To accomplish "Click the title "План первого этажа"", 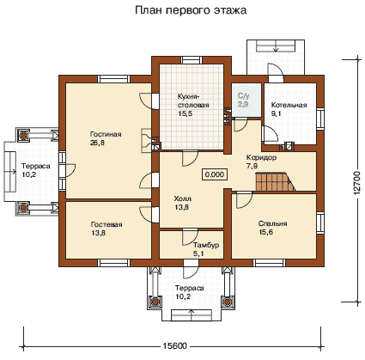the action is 191,10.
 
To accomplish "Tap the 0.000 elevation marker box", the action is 215,174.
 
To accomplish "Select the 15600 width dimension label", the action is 175,345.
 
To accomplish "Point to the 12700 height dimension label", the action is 357,183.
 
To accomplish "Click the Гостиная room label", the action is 106,134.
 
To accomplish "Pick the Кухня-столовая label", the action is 193,101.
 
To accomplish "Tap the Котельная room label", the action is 289,105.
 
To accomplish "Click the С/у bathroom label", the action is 243,95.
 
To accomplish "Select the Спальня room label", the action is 272,223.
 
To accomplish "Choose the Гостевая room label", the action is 106,224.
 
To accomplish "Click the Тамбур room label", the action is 206,245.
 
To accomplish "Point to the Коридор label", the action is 261,157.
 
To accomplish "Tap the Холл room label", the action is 183,198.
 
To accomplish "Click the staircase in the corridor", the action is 275,181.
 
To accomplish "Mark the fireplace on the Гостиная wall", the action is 146,140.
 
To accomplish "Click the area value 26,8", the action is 97,143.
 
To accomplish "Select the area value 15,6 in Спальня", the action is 266,232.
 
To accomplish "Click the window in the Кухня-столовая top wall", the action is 191,60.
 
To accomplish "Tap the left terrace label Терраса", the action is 36,166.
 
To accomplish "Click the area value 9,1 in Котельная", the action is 276,113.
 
